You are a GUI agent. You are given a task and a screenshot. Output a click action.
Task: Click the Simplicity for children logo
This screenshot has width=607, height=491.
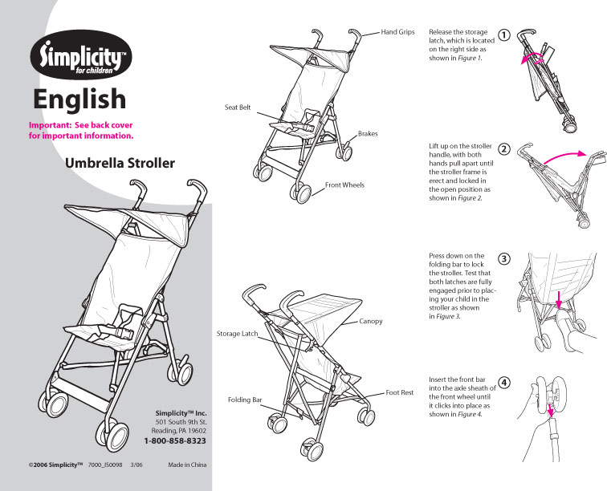pyautogui.click(x=80, y=55)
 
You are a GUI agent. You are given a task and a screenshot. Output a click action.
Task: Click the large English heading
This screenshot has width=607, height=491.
pyautogui.click(x=79, y=98)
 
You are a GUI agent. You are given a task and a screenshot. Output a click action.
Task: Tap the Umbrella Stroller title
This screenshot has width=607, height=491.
pyautogui.click(x=120, y=164)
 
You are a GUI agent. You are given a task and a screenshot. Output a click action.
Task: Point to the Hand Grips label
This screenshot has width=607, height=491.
pyautogui.click(x=397, y=32)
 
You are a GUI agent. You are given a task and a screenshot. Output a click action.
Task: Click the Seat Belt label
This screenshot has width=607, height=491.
pyautogui.click(x=237, y=107)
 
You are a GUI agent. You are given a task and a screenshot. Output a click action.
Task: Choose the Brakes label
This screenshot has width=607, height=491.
pyautogui.click(x=368, y=133)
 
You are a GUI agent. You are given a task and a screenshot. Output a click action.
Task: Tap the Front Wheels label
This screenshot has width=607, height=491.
pyautogui.click(x=344, y=185)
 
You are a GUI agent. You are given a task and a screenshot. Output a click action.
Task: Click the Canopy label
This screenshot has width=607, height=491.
pyautogui.click(x=370, y=321)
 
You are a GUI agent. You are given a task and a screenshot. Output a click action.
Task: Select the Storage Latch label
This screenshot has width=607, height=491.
pyautogui.click(x=238, y=333)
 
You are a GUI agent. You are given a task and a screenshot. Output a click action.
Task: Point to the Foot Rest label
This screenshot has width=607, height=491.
pyautogui.click(x=399, y=392)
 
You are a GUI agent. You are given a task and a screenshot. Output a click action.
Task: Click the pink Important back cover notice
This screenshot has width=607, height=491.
pyautogui.click(x=80, y=130)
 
